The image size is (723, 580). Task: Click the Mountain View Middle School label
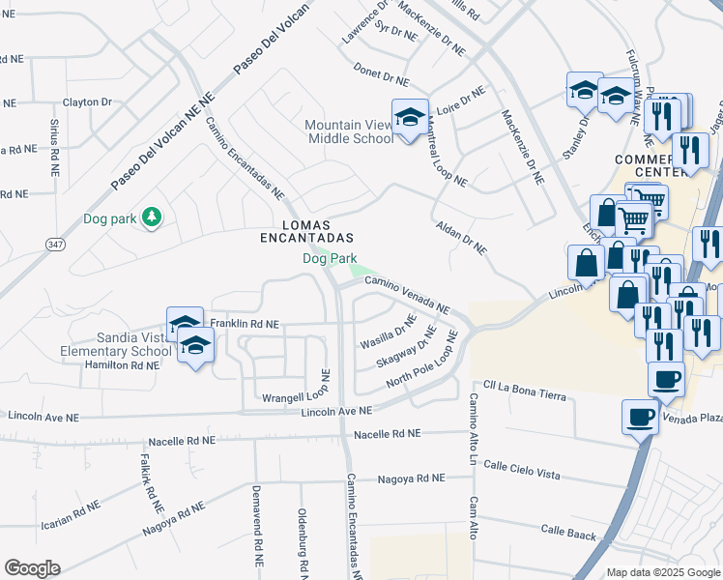350,131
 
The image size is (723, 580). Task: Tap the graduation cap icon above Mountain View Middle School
409,115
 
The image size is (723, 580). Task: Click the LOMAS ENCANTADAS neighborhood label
306,229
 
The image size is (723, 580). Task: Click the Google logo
32,567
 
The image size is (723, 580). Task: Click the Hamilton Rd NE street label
122,365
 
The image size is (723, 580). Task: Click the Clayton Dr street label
88,101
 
